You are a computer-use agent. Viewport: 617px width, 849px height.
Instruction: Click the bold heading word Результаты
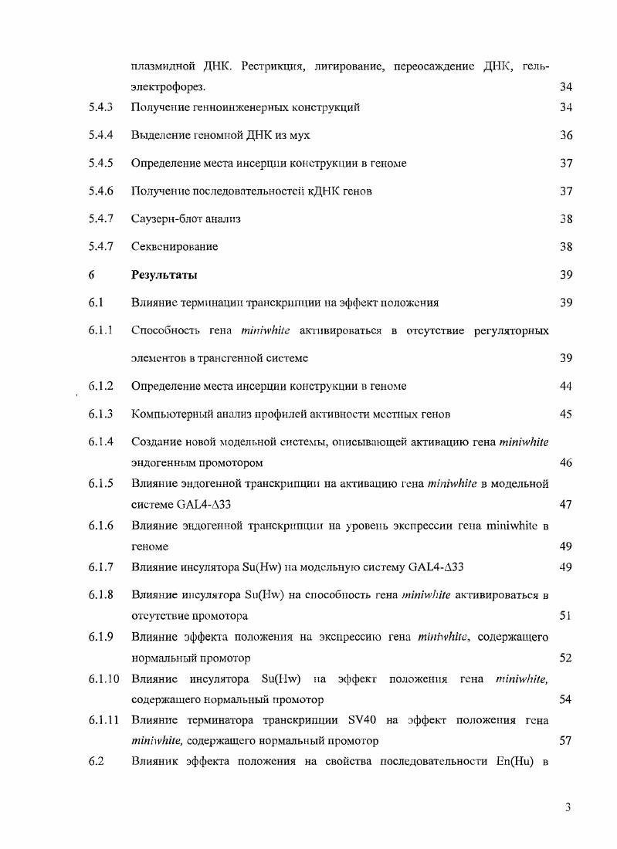tap(164, 275)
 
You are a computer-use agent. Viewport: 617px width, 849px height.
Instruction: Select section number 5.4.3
tap(100, 107)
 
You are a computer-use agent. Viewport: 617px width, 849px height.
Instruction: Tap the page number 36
tap(566, 135)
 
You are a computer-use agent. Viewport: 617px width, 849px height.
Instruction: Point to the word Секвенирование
tap(175, 247)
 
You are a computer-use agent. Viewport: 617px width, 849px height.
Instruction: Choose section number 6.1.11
tap(103, 721)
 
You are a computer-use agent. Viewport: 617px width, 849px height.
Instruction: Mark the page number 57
tap(566, 741)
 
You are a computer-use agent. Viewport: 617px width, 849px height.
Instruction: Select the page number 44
tap(566, 386)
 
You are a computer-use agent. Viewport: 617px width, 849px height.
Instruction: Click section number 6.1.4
tap(100, 442)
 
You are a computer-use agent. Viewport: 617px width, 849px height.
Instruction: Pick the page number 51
tap(566, 616)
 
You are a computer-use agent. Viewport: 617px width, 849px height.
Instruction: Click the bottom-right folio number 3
tap(568, 807)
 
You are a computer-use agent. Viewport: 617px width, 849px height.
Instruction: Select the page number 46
tap(566, 463)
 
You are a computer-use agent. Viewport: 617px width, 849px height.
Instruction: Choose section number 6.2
tap(96, 763)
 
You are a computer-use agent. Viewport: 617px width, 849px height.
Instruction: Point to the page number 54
tap(566, 699)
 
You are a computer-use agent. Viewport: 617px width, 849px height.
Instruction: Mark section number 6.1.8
tap(100, 595)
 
